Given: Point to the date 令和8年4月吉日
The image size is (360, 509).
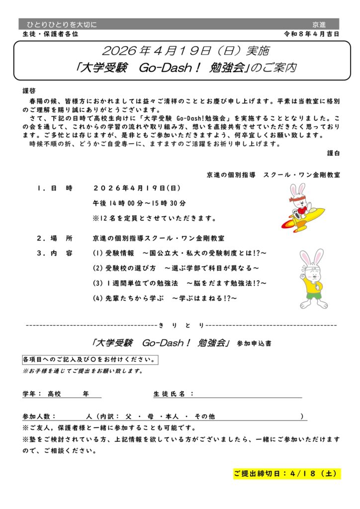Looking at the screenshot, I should tap(311, 34).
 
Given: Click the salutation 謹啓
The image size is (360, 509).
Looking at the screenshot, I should tap(29, 91).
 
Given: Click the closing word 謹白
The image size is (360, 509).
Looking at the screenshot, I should tap(334, 154).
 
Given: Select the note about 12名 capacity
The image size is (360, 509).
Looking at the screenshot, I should tap(154, 218).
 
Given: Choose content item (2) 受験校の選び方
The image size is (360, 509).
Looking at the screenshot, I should tap(176, 268).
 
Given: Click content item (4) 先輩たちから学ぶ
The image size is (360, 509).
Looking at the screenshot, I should tap(165, 298).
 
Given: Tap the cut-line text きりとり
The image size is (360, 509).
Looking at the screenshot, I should tap(181, 325).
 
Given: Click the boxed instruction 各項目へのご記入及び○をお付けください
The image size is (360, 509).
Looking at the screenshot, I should tap(90, 359).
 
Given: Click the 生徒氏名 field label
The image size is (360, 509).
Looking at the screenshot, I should tap(169, 394).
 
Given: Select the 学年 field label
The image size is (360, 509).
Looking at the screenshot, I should tap(29, 394).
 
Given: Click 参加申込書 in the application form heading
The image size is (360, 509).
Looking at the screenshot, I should tap(254, 343).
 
